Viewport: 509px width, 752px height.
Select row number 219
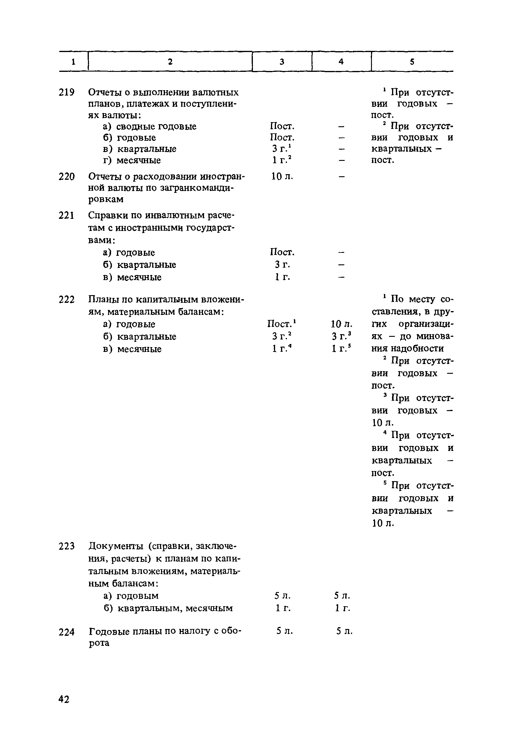click(x=66, y=93)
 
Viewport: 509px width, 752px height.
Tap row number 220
click(x=66, y=177)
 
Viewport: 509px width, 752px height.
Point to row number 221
click(x=66, y=216)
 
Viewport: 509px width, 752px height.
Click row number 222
click(x=66, y=300)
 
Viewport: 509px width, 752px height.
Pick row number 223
click(x=66, y=546)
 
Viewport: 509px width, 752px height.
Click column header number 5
click(x=412, y=62)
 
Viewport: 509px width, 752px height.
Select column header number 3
click(x=282, y=62)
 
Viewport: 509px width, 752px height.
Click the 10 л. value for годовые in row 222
click(x=341, y=324)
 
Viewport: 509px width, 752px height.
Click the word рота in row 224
click(x=99, y=643)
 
